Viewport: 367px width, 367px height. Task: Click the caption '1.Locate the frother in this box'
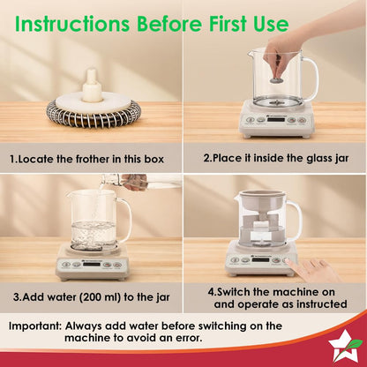click(x=91, y=160)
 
